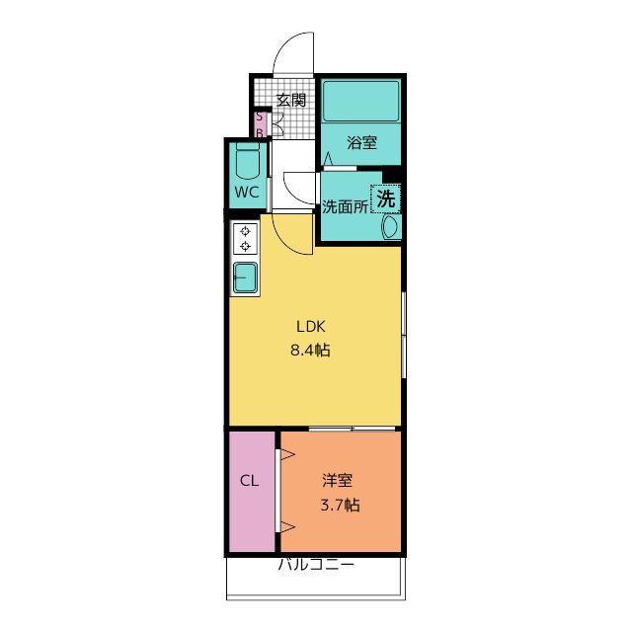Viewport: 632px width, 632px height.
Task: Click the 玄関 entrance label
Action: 291,100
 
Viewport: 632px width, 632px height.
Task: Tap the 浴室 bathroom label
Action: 362,142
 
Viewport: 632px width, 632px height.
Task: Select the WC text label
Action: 247,193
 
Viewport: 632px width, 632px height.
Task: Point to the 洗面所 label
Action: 345,206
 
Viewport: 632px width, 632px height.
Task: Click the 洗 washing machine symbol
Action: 386,198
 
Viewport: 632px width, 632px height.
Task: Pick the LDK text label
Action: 311,327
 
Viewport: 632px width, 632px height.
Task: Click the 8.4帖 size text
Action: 310,350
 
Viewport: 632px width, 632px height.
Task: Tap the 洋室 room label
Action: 338,480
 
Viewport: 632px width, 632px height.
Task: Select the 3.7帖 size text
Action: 340,505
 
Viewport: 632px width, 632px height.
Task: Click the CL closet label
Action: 250,481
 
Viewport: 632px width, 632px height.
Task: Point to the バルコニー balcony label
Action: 316,564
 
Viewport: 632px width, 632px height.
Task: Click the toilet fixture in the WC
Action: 247,161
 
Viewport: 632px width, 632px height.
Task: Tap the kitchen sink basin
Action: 245,277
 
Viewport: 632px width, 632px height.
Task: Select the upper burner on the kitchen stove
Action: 245,231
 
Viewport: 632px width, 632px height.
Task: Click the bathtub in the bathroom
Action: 361,101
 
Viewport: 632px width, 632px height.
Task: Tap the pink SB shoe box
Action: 260,124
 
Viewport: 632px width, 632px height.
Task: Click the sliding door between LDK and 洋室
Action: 352,429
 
